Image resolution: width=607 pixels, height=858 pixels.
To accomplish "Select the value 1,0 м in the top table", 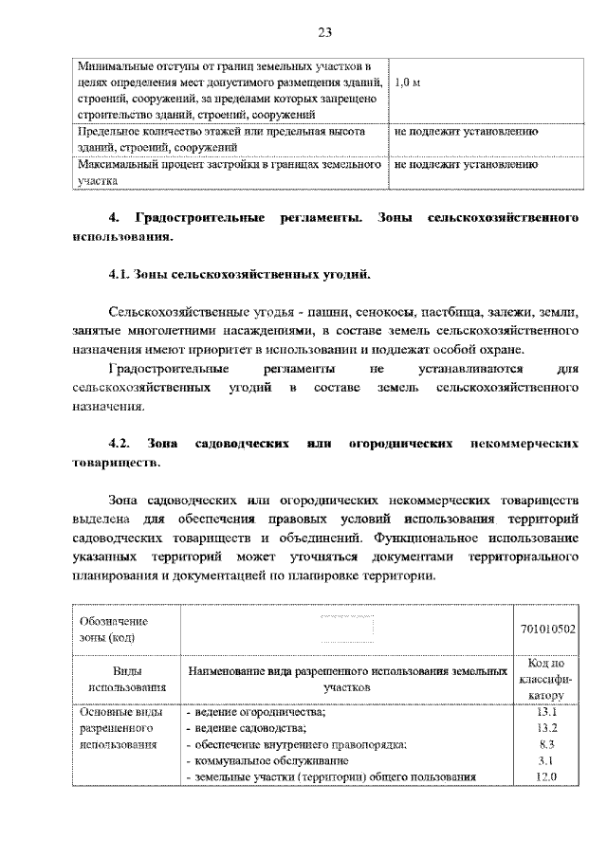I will [x=407, y=82].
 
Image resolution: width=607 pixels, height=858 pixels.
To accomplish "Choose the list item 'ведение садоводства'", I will [x=250, y=728].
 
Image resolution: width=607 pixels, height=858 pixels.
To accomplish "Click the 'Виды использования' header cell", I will [x=126, y=679].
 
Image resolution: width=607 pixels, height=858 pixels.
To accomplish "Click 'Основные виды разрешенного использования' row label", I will [x=117, y=728].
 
